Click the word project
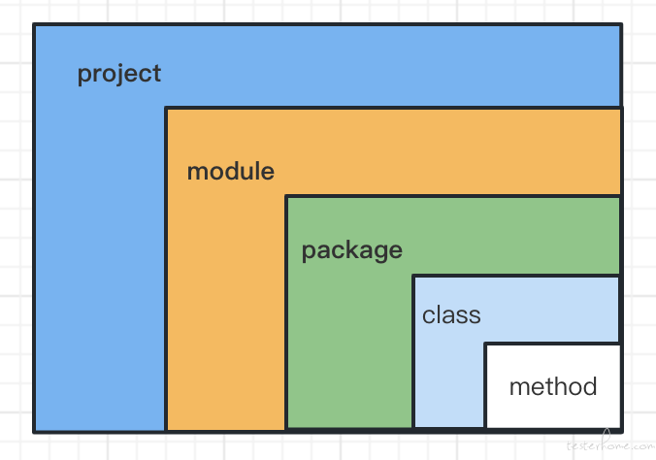click(119, 75)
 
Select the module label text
click(231, 171)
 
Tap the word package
click(352, 251)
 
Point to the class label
click(451, 314)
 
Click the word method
click(553, 386)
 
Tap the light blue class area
click(448, 377)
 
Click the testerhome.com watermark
click(610, 444)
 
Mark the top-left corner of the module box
click(166, 109)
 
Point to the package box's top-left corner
click(286, 196)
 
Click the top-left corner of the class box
click(413, 277)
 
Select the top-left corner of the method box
click(485, 345)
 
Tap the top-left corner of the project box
click(34, 24)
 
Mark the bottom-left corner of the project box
click(34, 432)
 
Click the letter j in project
click(113, 76)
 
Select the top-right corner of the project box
click(622, 24)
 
